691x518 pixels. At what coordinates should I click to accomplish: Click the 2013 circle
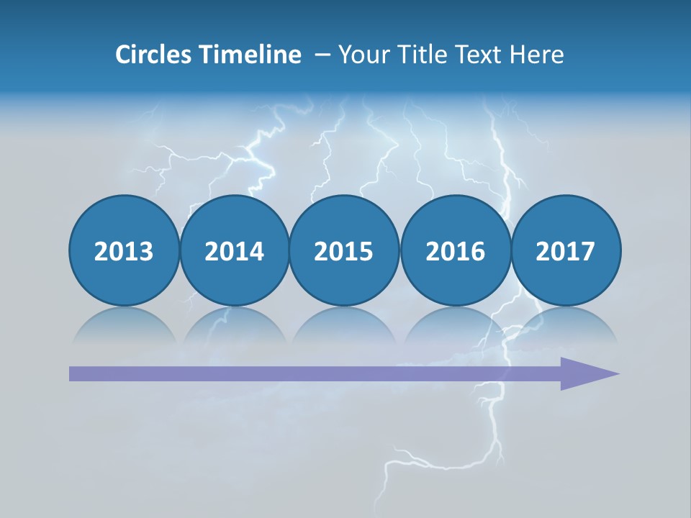point(124,250)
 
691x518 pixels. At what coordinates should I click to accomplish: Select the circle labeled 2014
point(234,250)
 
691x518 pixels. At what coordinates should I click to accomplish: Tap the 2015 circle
point(344,250)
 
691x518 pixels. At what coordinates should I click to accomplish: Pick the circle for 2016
point(455,250)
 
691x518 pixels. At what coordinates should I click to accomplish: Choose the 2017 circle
point(565,250)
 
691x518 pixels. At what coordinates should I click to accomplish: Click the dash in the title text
point(322,54)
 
